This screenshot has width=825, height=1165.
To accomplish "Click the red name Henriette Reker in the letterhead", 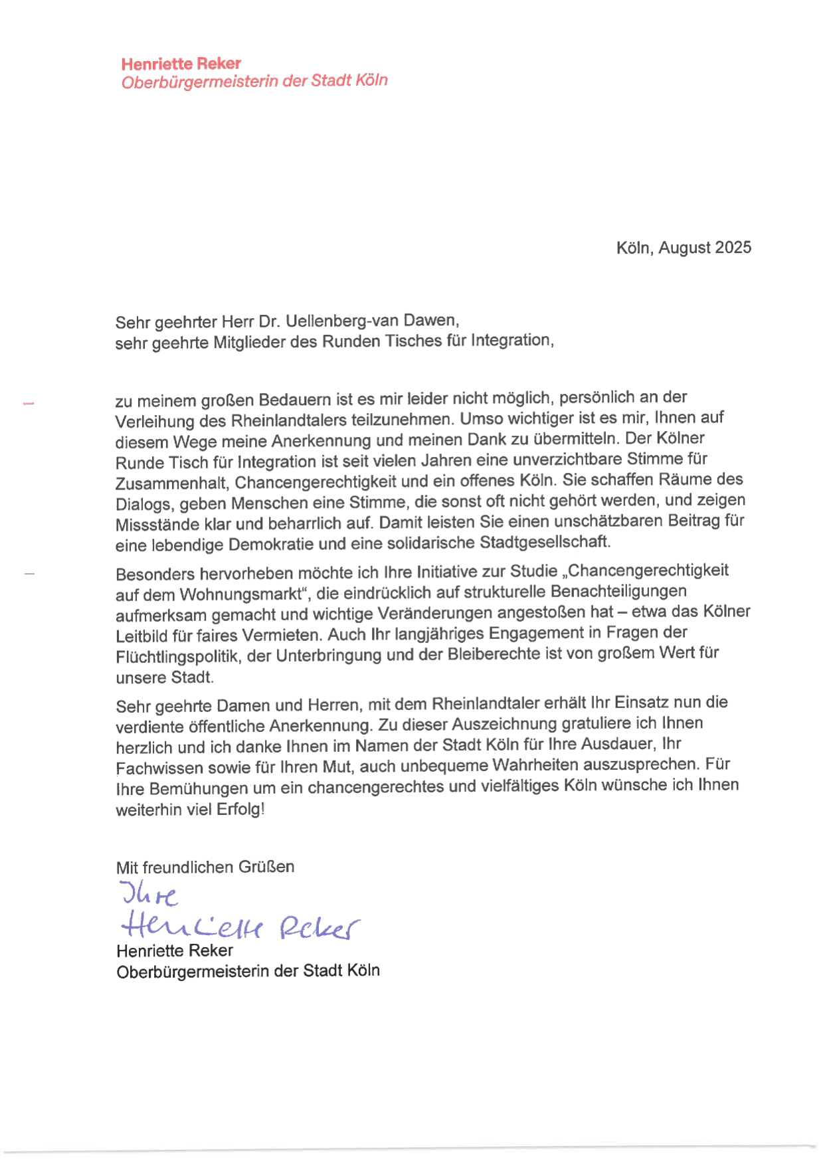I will (181, 64).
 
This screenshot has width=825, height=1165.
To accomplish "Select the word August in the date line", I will (685, 248).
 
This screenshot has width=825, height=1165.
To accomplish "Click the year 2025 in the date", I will (733, 247).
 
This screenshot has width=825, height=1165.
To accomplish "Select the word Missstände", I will (157, 525).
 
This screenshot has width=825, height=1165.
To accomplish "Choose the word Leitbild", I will (141, 636).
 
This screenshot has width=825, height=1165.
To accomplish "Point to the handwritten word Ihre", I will (149, 895).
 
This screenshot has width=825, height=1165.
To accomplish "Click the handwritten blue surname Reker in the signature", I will (319, 927).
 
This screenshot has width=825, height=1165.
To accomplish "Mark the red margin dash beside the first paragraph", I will (29, 403).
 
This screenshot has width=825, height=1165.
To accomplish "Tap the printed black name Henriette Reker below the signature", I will (175, 950).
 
